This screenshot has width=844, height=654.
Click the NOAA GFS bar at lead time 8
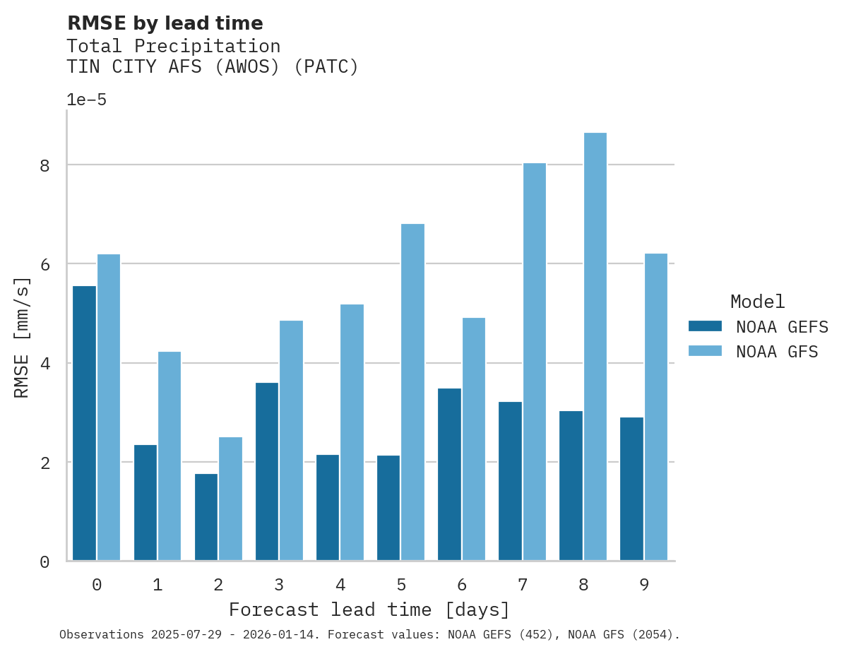[595, 347]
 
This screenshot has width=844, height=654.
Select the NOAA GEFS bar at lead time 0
[84, 423]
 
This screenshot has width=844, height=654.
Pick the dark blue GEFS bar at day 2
[206, 517]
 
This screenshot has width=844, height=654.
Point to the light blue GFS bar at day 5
[413, 392]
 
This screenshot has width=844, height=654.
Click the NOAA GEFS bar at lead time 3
[267, 472]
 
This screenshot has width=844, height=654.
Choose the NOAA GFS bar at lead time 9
[656, 407]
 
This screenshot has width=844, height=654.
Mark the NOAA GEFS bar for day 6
[449, 475]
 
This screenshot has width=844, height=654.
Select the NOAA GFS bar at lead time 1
[170, 456]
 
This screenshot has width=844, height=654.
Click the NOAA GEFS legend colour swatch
[705, 326]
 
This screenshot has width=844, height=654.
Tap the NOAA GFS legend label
[777, 352]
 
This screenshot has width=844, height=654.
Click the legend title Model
[757, 302]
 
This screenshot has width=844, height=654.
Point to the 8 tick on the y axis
[44, 165]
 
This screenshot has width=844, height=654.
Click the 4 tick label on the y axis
[44, 364]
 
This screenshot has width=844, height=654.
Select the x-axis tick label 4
[340, 585]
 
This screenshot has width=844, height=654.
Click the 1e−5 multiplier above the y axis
[86, 100]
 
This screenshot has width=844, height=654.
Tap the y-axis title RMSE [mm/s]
[23, 337]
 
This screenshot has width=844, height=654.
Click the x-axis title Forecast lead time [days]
[369, 610]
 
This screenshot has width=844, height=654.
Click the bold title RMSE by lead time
[165, 23]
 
